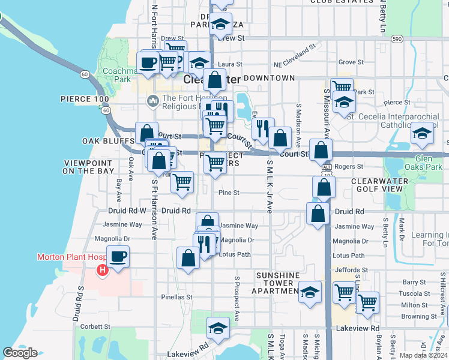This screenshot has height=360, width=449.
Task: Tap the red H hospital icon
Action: coord(103,271)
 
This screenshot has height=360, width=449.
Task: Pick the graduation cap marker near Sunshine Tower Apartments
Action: coord(310,293)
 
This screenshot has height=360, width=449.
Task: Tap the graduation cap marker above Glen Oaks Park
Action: coord(423,134)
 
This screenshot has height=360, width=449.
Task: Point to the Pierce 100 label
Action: coord(85,98)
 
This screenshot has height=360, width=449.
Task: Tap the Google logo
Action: coord(20,353)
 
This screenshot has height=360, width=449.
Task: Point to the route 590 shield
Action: coord(397,38)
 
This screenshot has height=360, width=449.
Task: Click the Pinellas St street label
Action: coord(176,297)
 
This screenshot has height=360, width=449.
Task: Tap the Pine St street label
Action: coord(229,193)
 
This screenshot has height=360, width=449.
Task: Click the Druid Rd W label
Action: coord(127,211)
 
